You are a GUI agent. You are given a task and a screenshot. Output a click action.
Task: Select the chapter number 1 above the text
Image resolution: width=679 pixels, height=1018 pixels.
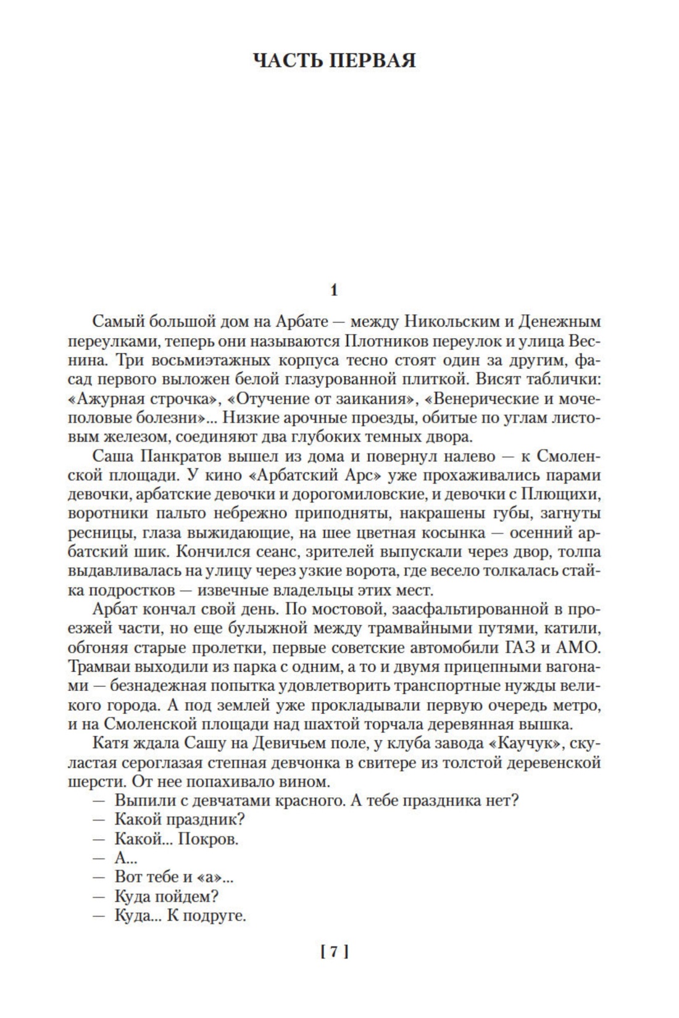pos(334,290)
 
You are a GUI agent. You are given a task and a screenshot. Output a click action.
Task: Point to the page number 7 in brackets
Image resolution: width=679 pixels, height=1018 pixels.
pos(335,952)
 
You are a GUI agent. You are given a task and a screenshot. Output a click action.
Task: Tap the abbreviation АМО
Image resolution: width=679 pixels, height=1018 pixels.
pos(577,648)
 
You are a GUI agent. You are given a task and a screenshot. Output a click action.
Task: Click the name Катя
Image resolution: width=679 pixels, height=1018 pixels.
pos(109,743)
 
